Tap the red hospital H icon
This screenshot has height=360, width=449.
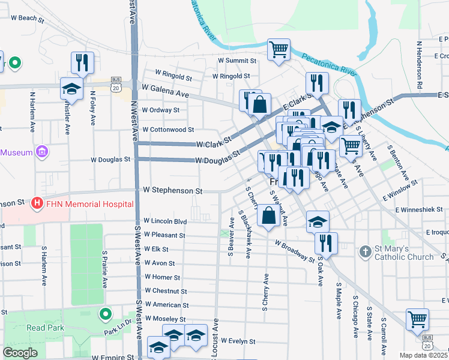point(38,204)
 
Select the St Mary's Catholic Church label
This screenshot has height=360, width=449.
point(404,253)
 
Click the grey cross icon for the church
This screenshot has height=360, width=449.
point(365,252)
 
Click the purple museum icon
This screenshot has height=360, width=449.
point(41,152)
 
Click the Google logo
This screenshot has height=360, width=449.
point(20,353)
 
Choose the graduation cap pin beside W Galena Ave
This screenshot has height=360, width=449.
point(71,89)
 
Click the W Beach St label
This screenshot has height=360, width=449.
point(23,18)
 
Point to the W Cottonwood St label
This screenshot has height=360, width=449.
point(168,129)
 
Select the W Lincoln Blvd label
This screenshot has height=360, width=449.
point(166,221)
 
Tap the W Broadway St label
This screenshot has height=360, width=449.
point(295,251)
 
